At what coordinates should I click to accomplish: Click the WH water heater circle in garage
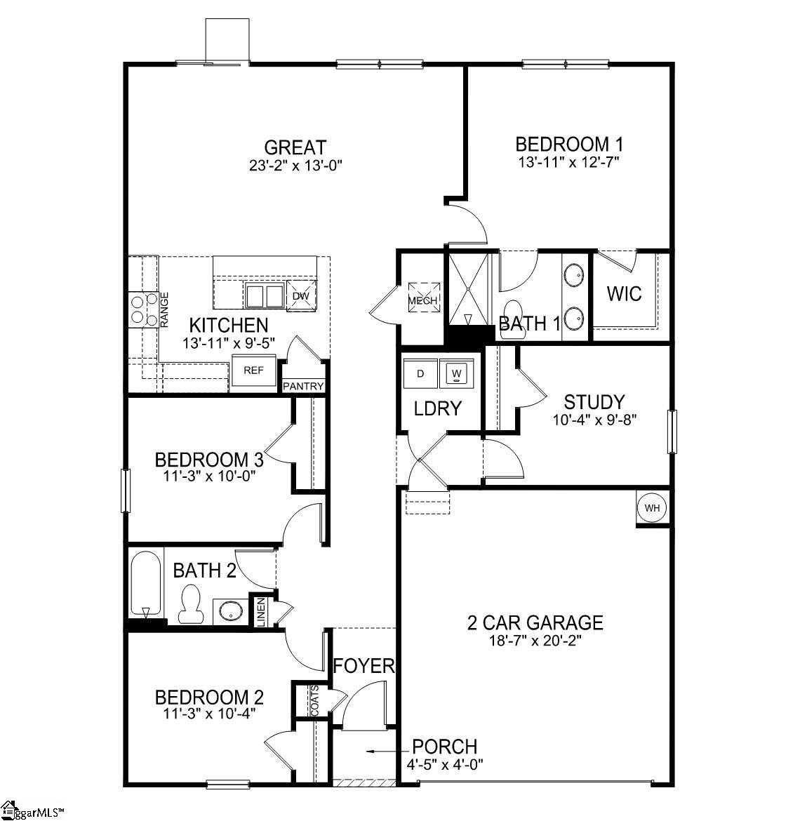point(652,508)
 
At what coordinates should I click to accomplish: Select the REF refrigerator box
point(253,371)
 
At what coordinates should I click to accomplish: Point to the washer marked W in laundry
point(457,373)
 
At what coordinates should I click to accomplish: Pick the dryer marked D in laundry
point(420,373)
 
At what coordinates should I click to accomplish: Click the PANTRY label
point(303,387)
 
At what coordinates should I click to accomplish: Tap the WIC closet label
point(624,293)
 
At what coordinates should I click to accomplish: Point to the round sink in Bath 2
point(229,610)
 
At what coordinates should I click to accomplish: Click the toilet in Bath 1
point(514,311)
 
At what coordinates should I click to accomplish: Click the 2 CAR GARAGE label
point(535,622)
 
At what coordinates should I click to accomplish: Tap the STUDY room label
point(594,402)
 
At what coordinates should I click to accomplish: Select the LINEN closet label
point(261,612)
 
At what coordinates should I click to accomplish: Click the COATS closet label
point(314,700)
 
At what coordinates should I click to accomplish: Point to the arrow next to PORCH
point(382,751)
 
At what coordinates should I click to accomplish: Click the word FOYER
point(364,665)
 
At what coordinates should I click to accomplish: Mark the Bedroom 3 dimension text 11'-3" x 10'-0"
point(209,475)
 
